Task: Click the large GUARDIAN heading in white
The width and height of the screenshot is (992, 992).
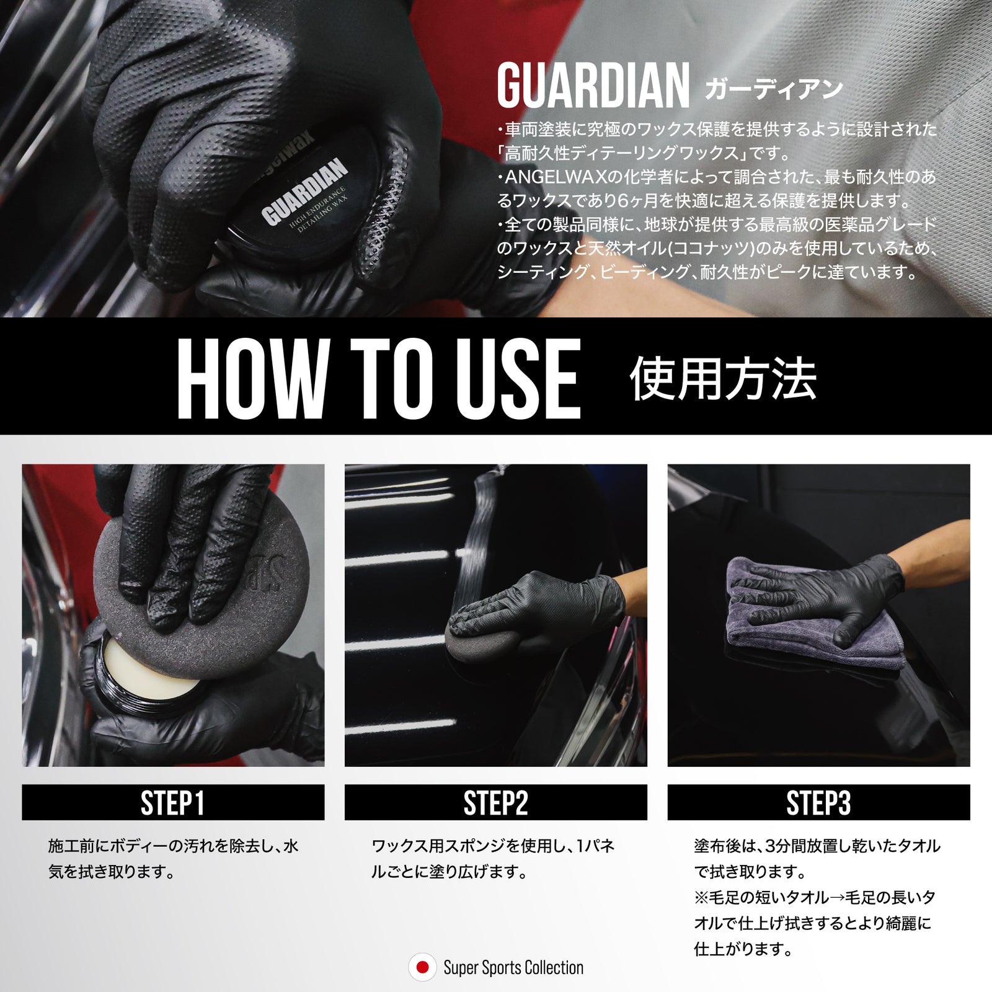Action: coord(593,86)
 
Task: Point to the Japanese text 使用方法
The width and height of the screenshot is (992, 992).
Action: coord(723,379)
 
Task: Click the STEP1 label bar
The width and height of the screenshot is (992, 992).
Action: coord(173,802)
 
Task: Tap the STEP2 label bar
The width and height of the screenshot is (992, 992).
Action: coord(496,802)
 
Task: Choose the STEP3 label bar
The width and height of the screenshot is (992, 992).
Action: coord(818,802)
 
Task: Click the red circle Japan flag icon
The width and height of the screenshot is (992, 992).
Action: coord(422,967)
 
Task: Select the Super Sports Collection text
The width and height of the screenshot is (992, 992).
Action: coord(513,968)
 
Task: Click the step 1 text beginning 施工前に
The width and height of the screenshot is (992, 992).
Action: coord(174,859)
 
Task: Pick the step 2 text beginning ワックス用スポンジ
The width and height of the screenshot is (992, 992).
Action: coord(493,859)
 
